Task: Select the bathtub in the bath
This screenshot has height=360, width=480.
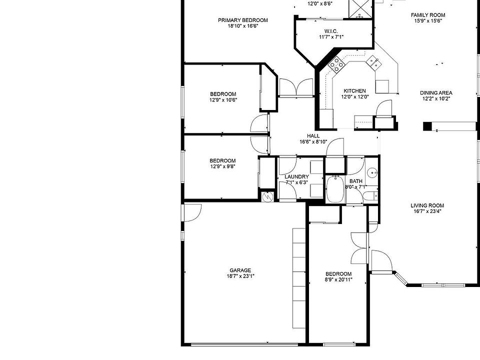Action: pyautogui.click(x=334, y=190)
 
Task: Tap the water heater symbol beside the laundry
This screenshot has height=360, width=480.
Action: pyautogui.click(x=267, y=196)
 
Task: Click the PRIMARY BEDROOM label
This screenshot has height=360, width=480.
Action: pyautogui.click(x=242, y=20)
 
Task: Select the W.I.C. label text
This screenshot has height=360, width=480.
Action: pyautogui.click(x=331, y=31)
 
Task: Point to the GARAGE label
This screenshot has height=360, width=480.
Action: pyautogui.click(x=240, y=270)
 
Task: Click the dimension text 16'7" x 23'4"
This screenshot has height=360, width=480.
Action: pyautogui.click(x=427, y=211)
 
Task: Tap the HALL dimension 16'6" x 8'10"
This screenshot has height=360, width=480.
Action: pyautogui.click(x=313, y=142)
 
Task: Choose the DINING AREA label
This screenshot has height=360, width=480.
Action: pyautogui.click(x=436, y=93)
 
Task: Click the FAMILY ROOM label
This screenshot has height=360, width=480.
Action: pyautogui.click(x=427, y=15)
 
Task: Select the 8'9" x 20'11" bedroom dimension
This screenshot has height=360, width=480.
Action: pyautogui.click(x=338, y=279)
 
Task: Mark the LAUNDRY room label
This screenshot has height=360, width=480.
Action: pyautogui.click(x=296, y=177)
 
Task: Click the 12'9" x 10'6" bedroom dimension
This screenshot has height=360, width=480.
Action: pyautogui.click(x=223, y=100)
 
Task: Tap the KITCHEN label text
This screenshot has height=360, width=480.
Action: pyautogui.click(x=354, y=91)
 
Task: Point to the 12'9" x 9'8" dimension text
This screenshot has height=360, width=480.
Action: pyautogui.click(x=222, y=166)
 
